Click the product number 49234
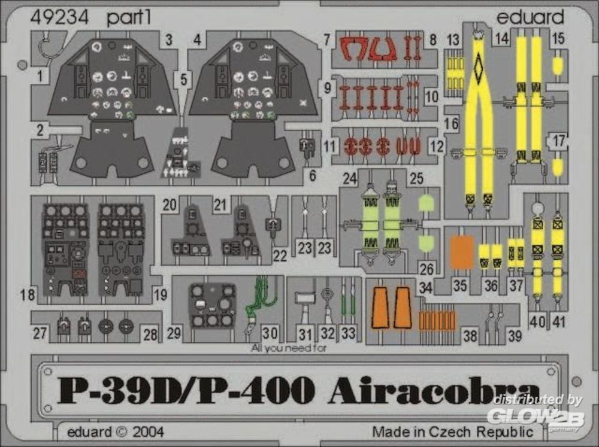tap(59, 17)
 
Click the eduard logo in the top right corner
tap(530, 16)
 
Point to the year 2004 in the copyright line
tap(148, 431)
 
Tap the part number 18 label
tap(28, 294)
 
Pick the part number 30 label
tap(270, 333)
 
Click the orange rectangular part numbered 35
tap(461, 252)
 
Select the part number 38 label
tap(470, 336)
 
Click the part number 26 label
tap(426, 269)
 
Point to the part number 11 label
tap(329, 146)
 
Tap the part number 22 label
tap(280, 256)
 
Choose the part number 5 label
tap(184, 80)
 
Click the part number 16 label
tap(451, 123)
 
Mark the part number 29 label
tap(174, 333)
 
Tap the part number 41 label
tap(558, 321)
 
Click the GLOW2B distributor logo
tap(536, 417)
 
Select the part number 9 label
tap(328, 88)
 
